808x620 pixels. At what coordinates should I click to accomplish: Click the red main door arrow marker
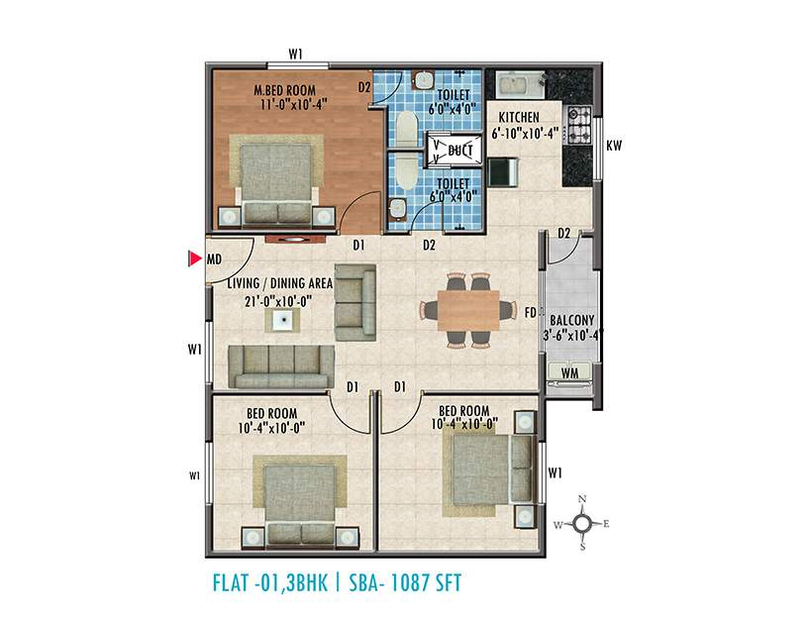click(x=194, y=260)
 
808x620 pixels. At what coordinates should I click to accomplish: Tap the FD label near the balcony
click(x=530, y=313)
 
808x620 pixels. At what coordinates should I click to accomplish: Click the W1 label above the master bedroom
click(x=294, y=54)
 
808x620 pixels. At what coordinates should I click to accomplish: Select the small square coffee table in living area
click(x=283, y=320)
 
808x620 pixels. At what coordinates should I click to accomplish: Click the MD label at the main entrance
click(x=213, y=260)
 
